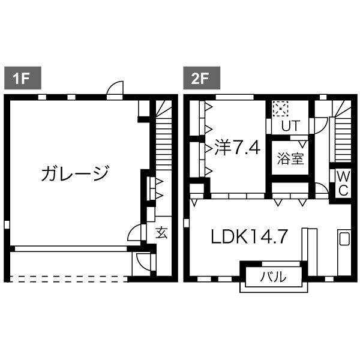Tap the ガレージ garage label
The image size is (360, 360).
[x=75, y=173]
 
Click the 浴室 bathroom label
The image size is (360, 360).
[x=290, y=159]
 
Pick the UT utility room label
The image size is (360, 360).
[x=290, y=125]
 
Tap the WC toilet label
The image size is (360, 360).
[x=343, y=182]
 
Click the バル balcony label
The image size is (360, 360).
[x=273, y=277]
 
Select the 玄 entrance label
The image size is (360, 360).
[x=161, y=233]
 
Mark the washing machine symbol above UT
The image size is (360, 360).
[x=280, y=110]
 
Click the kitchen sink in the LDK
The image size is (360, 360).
[x=344, y=239]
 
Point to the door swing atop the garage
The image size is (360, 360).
[x=115, y=90]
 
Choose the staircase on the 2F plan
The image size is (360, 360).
[x=342, y=135]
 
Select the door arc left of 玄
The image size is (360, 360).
[x=136, y=233]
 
